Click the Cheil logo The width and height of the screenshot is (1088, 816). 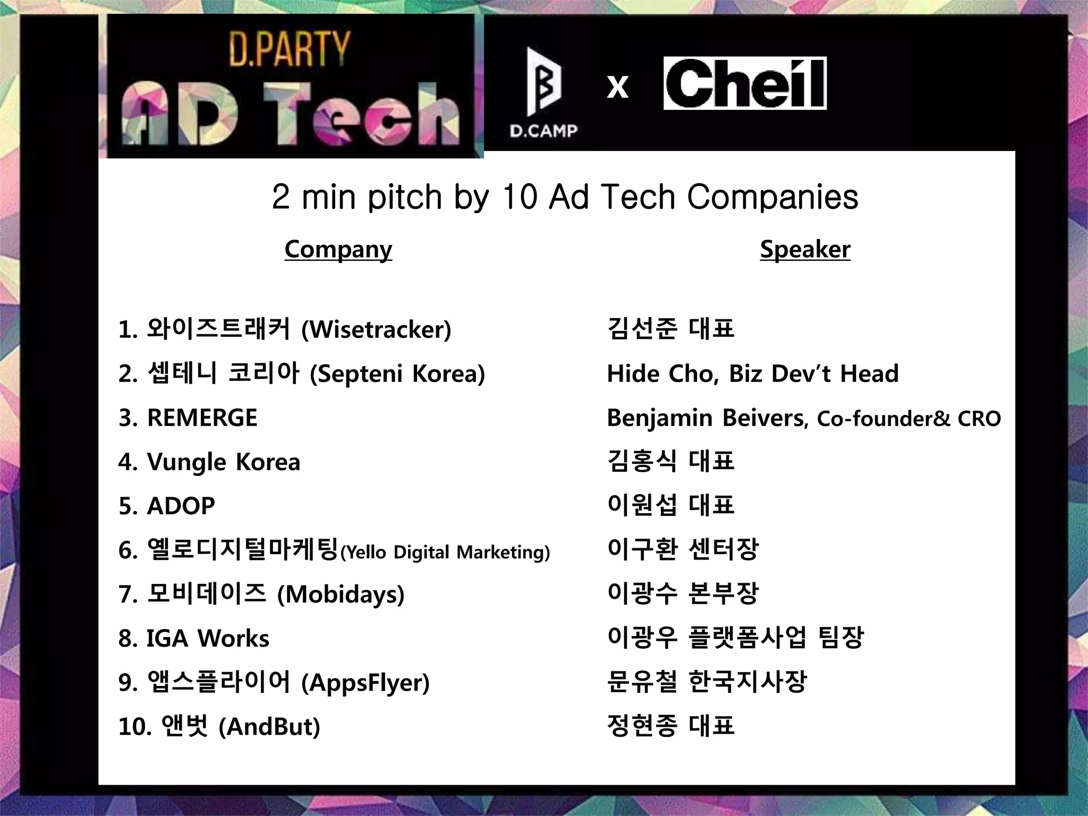(x=745, y=83)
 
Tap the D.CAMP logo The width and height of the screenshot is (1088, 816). (x=543, y=93)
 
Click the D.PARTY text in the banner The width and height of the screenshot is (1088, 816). (x=290, y=49)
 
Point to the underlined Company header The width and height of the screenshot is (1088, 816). (x=338, y=249)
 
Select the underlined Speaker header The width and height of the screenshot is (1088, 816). (x=805, y=249)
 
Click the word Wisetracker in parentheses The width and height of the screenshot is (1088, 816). (x=376, y=330)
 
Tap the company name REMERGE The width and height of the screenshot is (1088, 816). (x=202, y=418)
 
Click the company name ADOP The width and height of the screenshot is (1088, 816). (x=181, y=506)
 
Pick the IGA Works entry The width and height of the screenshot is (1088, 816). (x=208, y=638)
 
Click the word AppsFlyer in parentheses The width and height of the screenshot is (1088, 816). (x=365, y=683)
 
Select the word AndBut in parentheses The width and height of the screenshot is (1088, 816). (x=269, y=727)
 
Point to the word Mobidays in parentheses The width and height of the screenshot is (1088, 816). (x=341, y=594)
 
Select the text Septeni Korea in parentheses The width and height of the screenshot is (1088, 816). (x=397, y=374)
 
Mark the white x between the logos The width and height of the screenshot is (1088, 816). (x=617, y=87)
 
